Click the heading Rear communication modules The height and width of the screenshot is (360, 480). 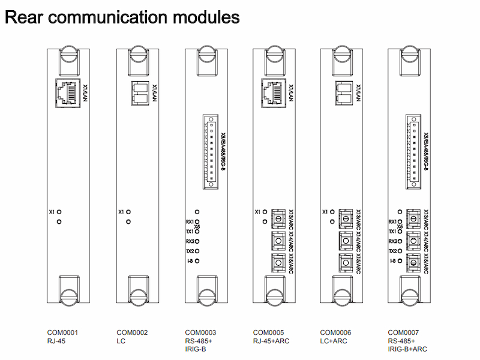click(x=122, y=17)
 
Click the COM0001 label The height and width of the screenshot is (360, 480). click(x=63, y=332)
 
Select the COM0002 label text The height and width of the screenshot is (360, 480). click(x=131, y=332)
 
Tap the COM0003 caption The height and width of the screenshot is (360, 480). click(x=200, y=332)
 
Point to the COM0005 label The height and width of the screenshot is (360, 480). click(x=268, y=332)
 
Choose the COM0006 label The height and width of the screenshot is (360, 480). click(x=336, y=332)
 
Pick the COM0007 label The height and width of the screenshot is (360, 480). click(x=404, y=332)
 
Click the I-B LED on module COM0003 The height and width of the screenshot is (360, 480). click(x=197, y=261)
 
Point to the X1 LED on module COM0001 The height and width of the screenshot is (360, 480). click(x=59, y=212)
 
